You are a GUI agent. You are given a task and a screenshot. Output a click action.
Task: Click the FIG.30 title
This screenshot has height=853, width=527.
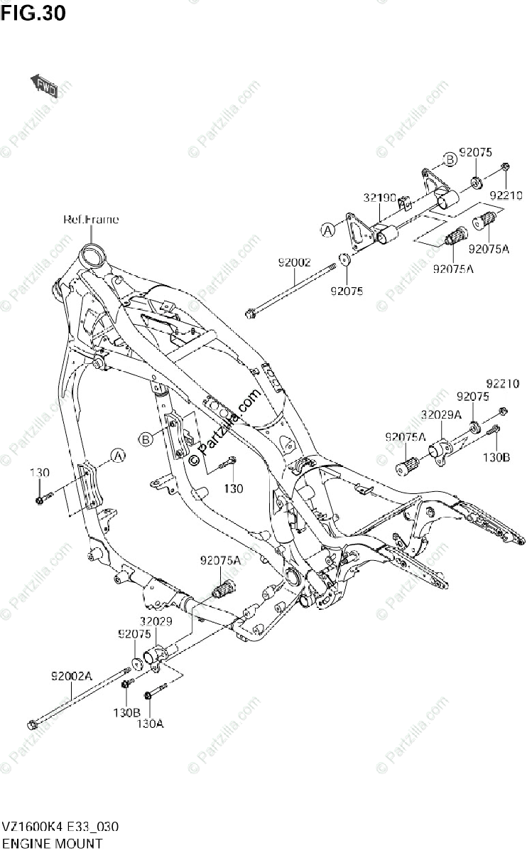pos(33,12)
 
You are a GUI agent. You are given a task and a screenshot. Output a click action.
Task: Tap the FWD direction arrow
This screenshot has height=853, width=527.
pos(43,85)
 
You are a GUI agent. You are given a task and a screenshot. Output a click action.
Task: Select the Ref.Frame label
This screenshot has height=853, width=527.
pos(91,219)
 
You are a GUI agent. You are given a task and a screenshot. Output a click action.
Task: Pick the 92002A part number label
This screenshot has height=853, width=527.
pos(70,675)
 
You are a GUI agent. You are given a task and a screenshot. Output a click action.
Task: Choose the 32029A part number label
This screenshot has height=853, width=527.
pos(440,414)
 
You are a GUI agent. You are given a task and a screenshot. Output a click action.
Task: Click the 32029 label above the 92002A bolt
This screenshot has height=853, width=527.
pos(155,621)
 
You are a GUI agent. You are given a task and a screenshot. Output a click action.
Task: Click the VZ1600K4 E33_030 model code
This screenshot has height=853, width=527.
pos(60,827)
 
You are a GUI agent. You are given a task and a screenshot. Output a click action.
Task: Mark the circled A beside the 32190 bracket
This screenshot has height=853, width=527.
pos(327,229)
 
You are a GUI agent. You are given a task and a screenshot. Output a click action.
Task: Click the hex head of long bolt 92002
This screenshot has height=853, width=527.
pos(249,311)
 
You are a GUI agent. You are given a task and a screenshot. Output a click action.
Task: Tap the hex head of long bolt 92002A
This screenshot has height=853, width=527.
pos(33,725)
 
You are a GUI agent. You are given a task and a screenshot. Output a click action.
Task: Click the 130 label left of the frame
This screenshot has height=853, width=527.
pos(39,473)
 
